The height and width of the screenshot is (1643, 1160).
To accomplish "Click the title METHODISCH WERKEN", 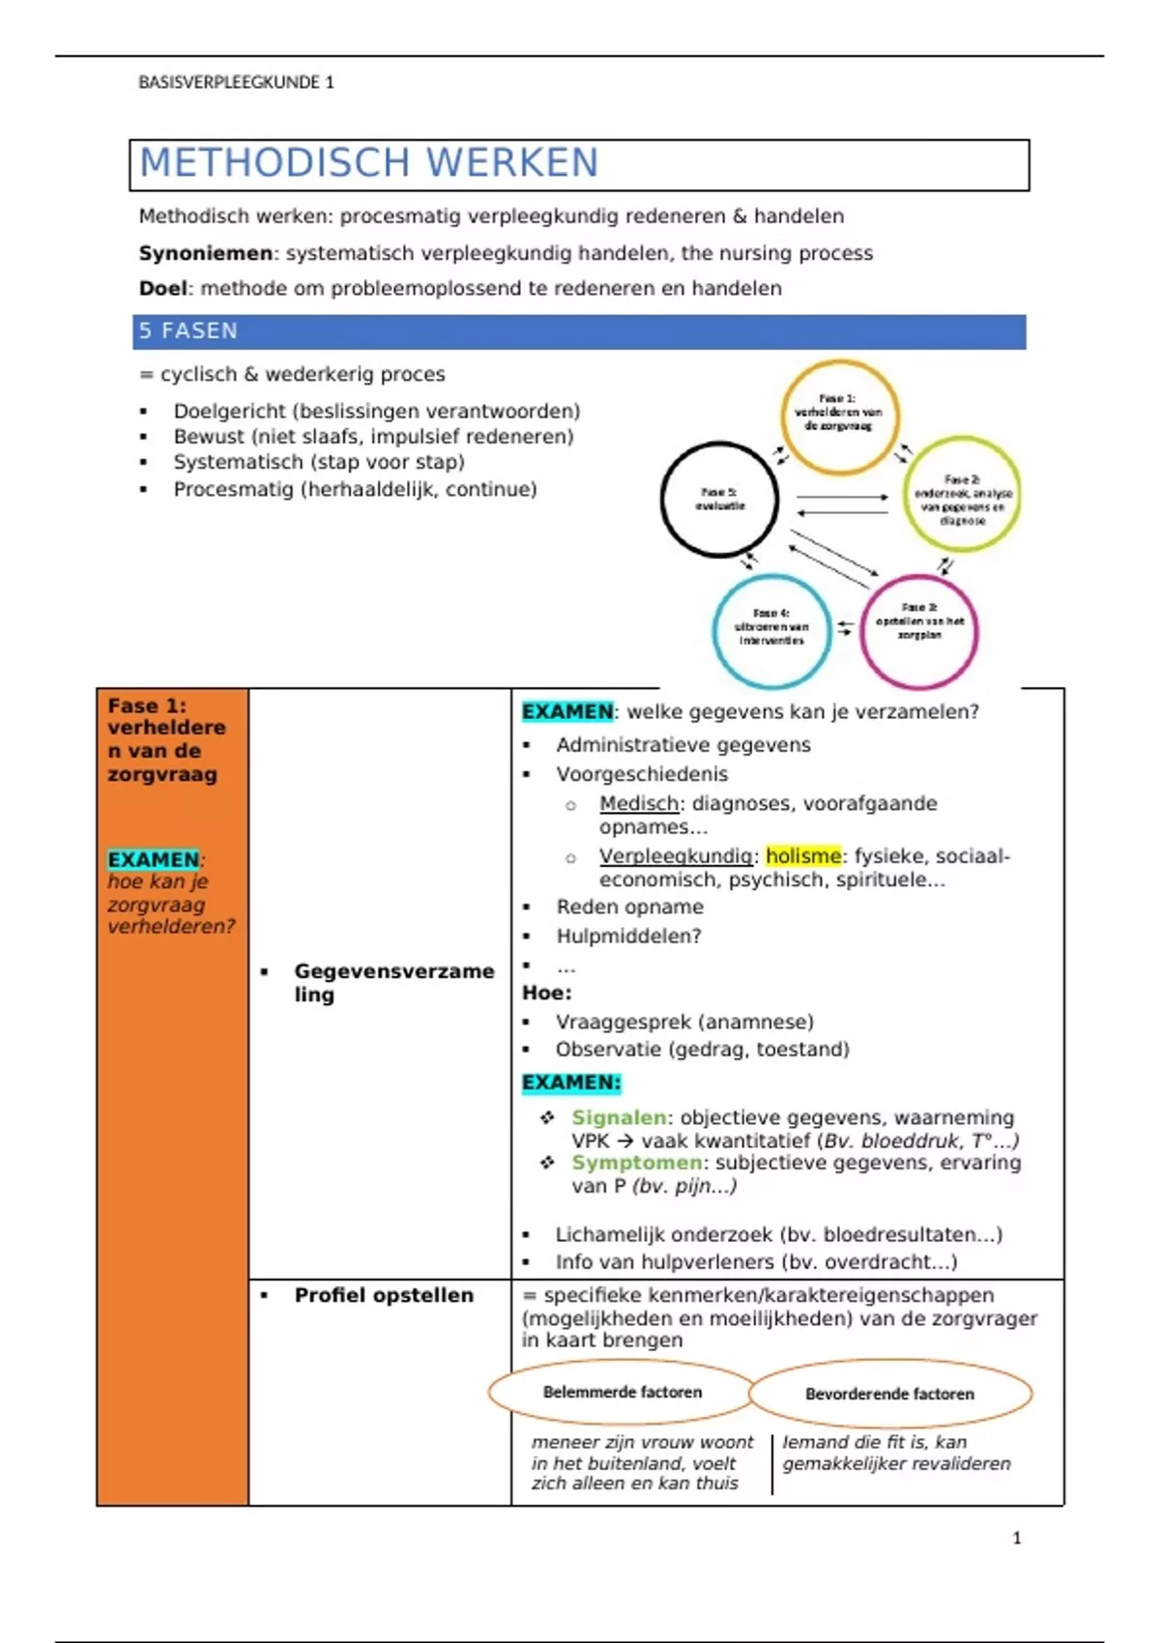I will (369, 163).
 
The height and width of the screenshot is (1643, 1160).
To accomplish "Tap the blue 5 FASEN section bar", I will (579, 331).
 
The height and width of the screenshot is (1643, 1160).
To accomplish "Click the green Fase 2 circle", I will (962, 494).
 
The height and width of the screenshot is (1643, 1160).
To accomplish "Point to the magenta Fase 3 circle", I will (918, 631).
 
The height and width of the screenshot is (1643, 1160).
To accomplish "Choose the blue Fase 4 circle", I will (770, 631).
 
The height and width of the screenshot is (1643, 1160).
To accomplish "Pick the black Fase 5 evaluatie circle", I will (719, 500).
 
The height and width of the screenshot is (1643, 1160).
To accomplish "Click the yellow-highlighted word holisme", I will (803, 856).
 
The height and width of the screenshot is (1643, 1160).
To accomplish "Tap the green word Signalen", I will (619, 1118).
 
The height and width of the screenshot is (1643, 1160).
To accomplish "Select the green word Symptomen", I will (636, 1163).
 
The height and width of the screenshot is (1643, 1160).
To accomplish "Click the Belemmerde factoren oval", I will (622, 1393).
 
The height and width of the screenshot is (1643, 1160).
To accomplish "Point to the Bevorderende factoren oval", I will (889, 1394).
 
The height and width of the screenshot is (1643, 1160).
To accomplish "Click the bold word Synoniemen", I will (206, 253).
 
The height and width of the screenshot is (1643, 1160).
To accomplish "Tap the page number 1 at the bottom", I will (1016, 1538).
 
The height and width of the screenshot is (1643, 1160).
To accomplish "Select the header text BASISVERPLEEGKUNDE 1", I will (236, 83).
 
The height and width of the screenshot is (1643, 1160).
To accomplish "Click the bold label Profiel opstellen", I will (384, 1296).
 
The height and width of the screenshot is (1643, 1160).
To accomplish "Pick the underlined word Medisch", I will (639, 804).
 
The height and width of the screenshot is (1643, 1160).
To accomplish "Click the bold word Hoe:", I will (546, 994).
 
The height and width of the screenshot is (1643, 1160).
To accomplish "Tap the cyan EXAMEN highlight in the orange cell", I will (153, 860).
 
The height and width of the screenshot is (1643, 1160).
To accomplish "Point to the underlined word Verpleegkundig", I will (675, 856).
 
